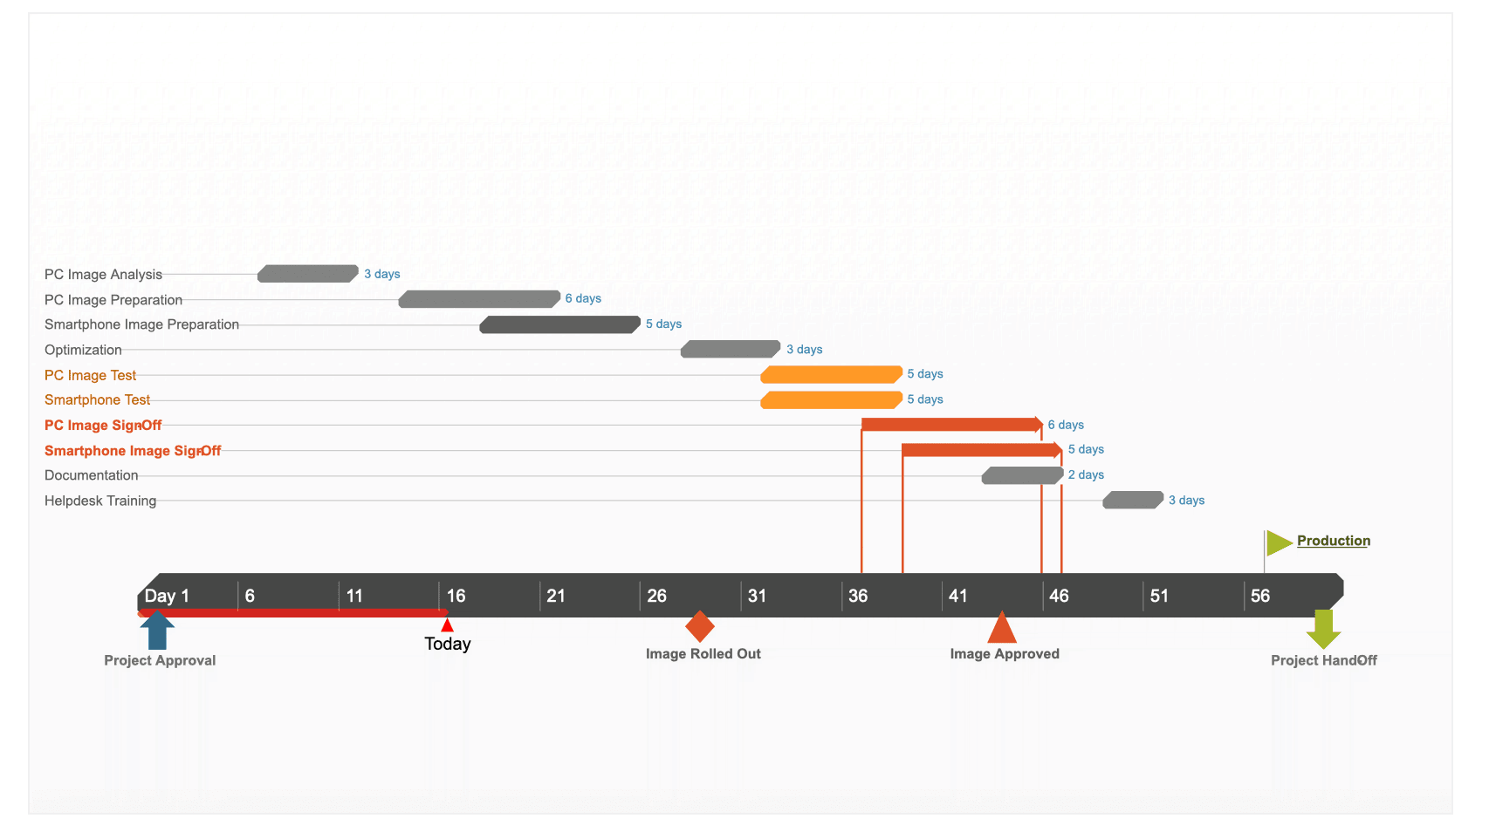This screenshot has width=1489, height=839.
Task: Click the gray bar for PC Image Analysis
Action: tap(307, 274)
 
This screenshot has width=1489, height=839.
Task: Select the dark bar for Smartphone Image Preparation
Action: tap(559, 324)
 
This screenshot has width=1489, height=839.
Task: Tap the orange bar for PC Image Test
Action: tap(831, 374)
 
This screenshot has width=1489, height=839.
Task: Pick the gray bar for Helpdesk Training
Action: tap(1133, 500)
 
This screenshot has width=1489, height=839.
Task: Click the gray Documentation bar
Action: tap(1022, 475)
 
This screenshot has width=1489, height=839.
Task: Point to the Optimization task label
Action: tap(83, 350)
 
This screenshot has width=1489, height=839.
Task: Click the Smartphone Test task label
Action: tap(97, 399)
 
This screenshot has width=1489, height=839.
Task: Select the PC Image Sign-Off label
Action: tap(103, 425)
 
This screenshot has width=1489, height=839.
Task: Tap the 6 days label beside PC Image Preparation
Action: tap(583, 298)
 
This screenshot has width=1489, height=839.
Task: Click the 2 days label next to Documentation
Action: tap(1086, 474)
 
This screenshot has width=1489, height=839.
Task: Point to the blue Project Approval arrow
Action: tap(157, 630)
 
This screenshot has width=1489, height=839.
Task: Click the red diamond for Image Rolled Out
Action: tap(700, 626)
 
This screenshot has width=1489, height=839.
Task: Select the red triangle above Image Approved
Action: tap(1002, 628)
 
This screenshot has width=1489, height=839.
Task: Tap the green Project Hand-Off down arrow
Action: tap(1323, 629)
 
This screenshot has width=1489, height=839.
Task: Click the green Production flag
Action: tap(1278, 542)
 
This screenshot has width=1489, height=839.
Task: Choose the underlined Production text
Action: tap(1333, 541)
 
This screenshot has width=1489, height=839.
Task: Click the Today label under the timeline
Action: tap(448, 644)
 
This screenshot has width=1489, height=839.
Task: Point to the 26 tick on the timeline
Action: tap(656, 596)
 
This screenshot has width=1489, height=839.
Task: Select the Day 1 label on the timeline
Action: tap(167, 596)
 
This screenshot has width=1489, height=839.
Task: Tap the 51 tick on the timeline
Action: tap(1159, 596)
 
